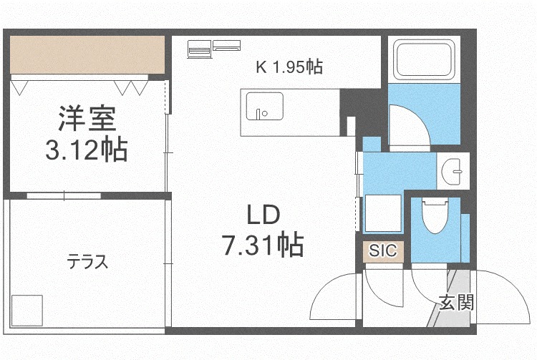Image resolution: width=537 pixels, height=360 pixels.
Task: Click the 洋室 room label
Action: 87,118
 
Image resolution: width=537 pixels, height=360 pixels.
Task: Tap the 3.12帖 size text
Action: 87,149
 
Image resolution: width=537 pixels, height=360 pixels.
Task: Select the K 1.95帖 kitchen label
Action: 289,67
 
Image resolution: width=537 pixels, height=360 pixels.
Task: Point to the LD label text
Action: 263,215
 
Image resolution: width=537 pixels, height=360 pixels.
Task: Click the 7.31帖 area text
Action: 263,244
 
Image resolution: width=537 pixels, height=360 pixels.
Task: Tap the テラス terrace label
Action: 87,262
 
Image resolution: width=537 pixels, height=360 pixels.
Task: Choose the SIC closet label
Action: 383,250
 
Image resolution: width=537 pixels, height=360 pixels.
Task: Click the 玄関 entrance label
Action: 457,303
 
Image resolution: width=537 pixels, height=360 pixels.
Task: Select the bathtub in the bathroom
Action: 424,59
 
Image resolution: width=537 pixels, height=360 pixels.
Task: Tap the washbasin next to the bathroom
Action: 453,171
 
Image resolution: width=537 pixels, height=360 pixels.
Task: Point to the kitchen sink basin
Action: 264,107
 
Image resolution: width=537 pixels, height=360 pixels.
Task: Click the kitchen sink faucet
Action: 258,114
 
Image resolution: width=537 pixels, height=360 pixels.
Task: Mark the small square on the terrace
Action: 27,311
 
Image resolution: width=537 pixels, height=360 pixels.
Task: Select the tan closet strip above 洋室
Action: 87,55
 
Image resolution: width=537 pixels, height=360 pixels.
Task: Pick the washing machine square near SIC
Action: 383,213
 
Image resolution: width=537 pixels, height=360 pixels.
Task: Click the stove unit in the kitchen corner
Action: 199,49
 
